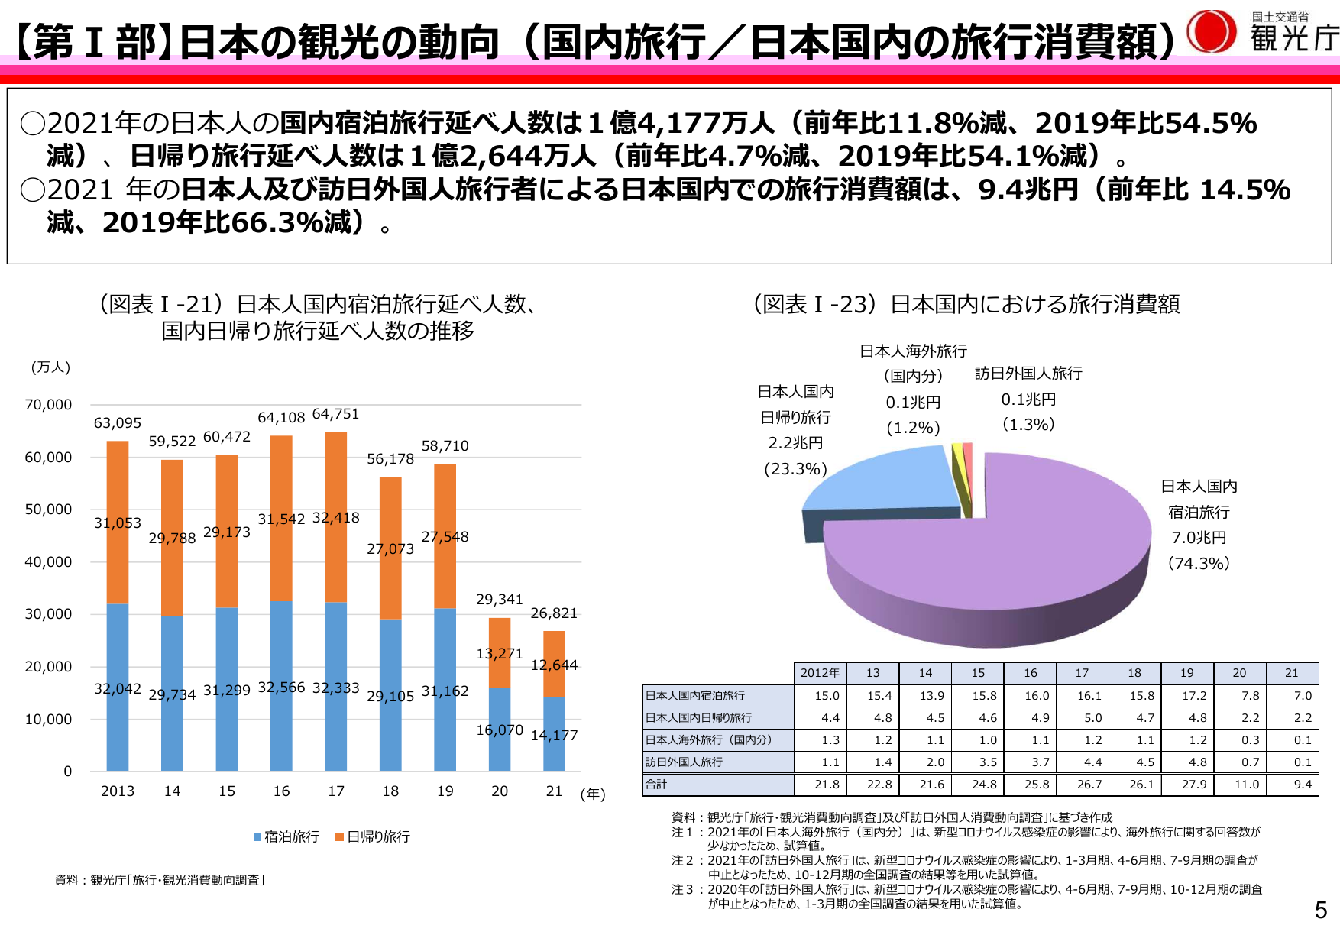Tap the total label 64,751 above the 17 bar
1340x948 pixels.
tap(335, 414)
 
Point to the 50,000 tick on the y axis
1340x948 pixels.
tap(48, 510)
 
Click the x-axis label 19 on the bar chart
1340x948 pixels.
tap(445, 791)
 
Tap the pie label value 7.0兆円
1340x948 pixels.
tap(1199, 538)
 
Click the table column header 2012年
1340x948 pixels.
tap(820, 673)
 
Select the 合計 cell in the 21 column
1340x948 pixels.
tap(1302, 785)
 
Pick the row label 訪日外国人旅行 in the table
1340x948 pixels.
tap(684, 762)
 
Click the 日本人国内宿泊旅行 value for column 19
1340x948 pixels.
tap(1193, 696)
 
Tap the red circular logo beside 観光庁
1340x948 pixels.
tap(1211, 31)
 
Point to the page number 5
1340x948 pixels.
tap(1320, 910)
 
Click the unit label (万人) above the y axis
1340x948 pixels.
tap(50, 367)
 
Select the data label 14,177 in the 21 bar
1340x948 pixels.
tap(554, 736)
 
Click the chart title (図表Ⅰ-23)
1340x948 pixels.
tap(966, 304)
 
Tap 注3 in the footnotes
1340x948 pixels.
tap(682, 889)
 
